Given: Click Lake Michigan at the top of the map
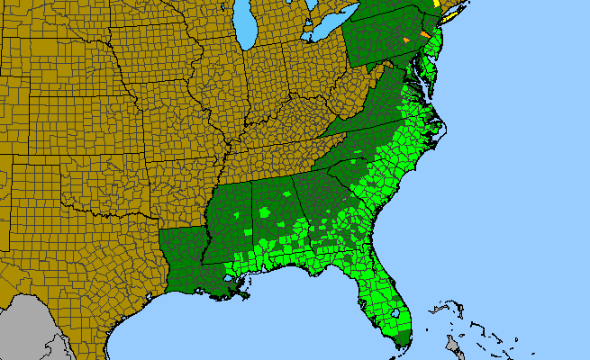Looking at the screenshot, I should (243, 27).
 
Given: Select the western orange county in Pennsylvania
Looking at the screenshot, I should (406, 40).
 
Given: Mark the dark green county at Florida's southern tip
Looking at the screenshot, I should (403, 339).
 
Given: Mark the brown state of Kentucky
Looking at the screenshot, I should (288, 126).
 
